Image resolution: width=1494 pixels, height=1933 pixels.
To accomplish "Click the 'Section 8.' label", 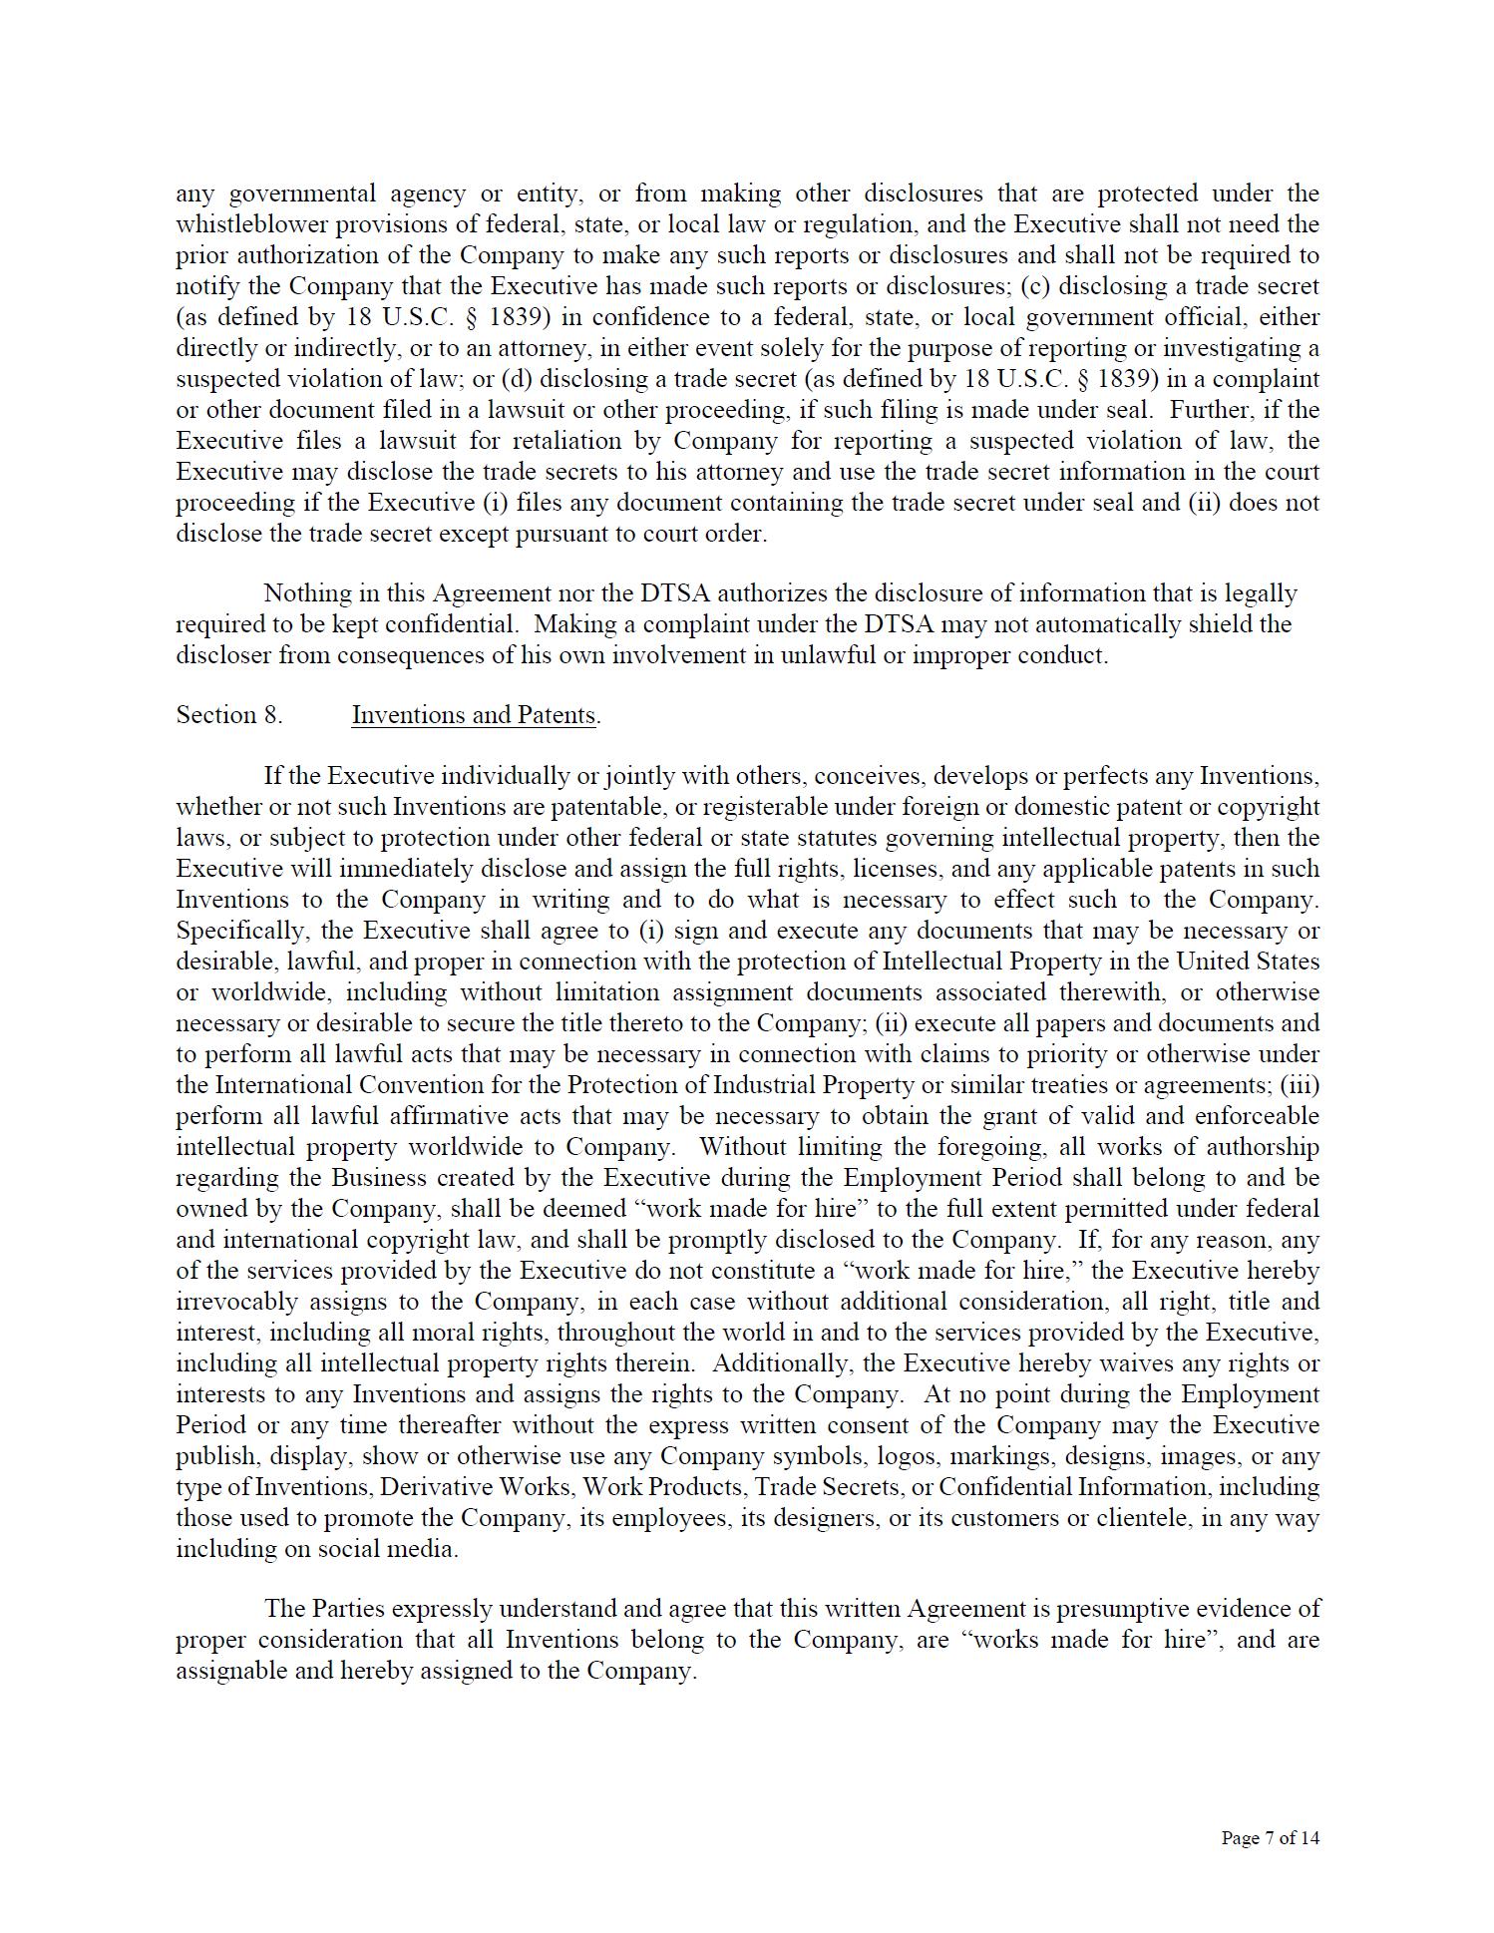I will [229, 715].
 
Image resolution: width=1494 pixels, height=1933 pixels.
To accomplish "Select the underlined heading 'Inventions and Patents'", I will [474, 715].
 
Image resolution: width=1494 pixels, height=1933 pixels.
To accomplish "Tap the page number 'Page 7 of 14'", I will [1270, 1837].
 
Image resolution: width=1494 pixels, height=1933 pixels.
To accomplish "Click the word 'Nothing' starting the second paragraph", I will [307, 593].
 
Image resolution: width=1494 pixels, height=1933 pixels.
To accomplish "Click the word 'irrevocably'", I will [236, 1302].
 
